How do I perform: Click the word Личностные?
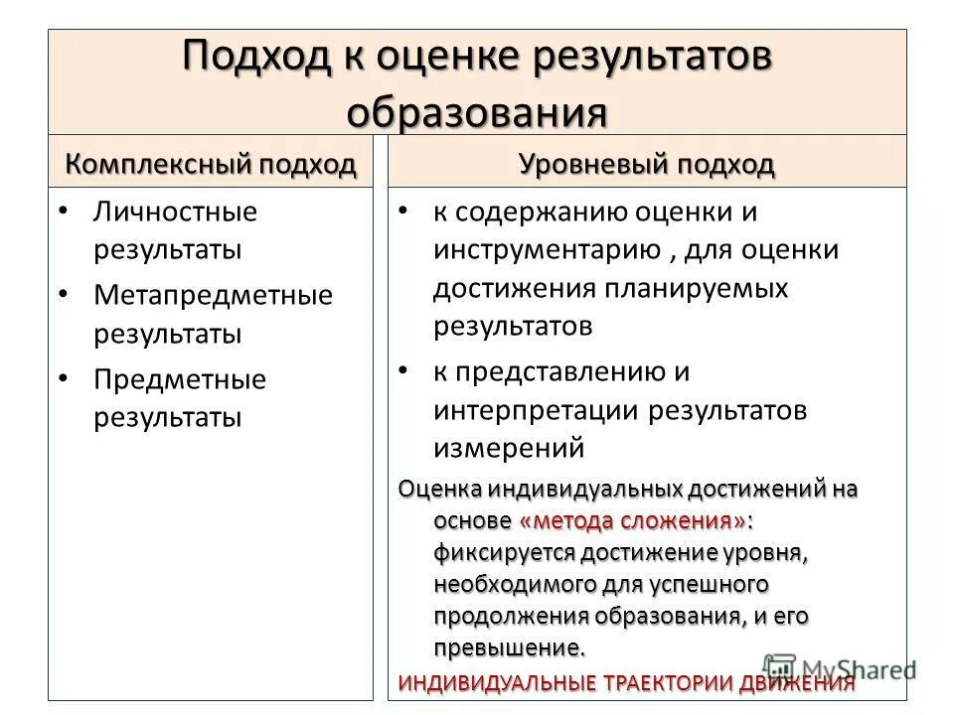click(176, 212)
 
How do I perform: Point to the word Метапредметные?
click(214, 296)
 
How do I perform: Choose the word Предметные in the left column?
click(181, 380)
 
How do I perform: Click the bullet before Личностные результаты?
click(64, 212)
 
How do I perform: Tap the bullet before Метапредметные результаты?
click(64, 296)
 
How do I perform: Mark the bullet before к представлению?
click(402, 370)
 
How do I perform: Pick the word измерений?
click(508, 448)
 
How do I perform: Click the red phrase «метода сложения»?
click(632, 520)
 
